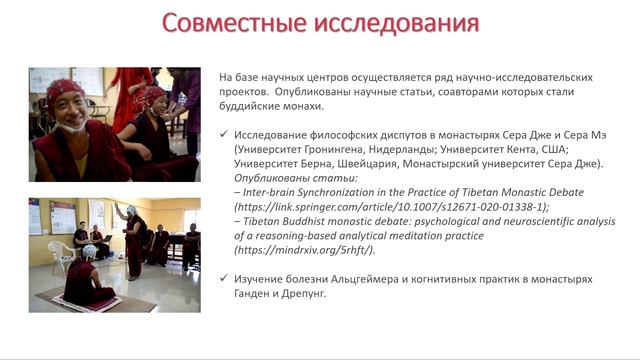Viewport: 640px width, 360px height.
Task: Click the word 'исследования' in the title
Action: (x=394, y=23)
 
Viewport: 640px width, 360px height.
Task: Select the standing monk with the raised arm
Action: (x=130, y=240)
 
